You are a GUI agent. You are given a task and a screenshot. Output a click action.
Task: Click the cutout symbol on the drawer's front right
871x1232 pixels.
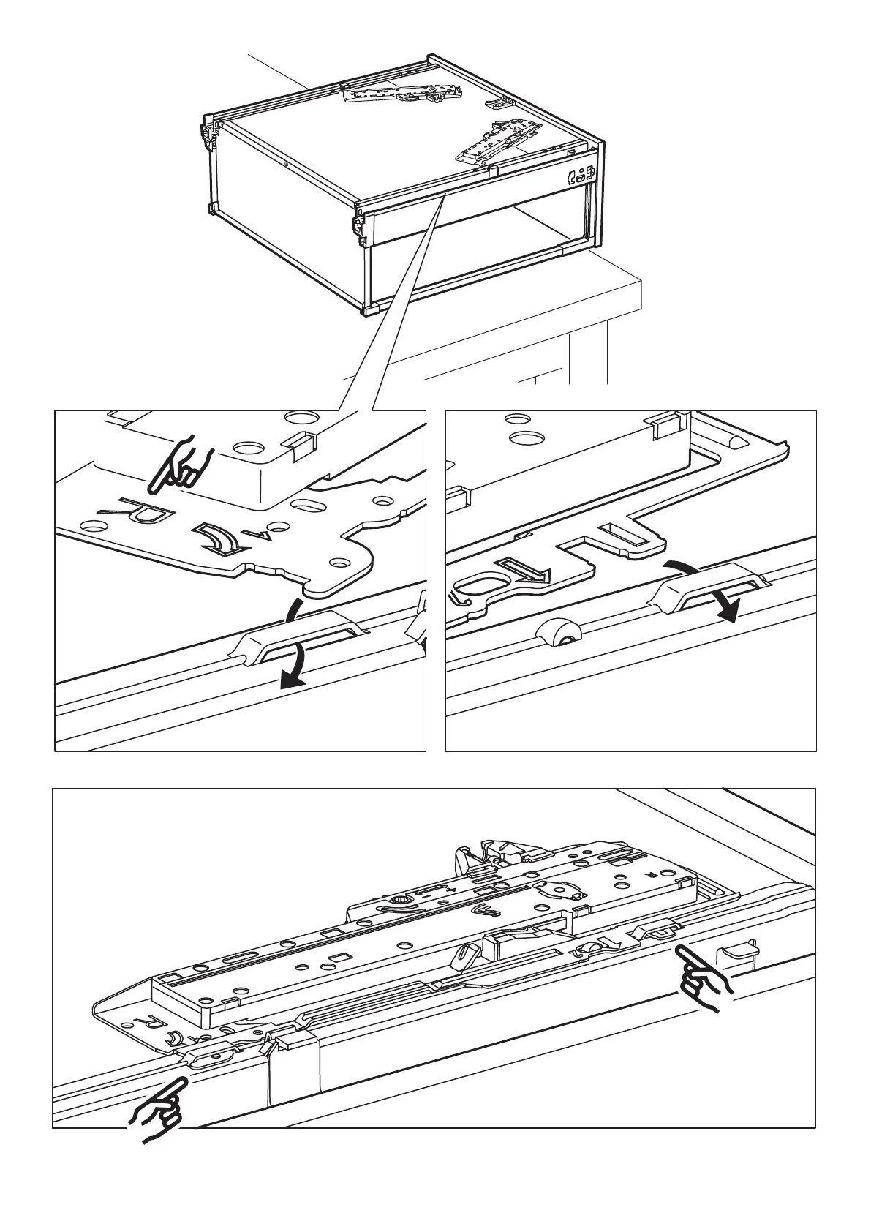pyautogui.click(x=581, y=176)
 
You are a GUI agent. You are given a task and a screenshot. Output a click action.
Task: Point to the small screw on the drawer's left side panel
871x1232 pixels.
pyautogui.click(x=287, y=165)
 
